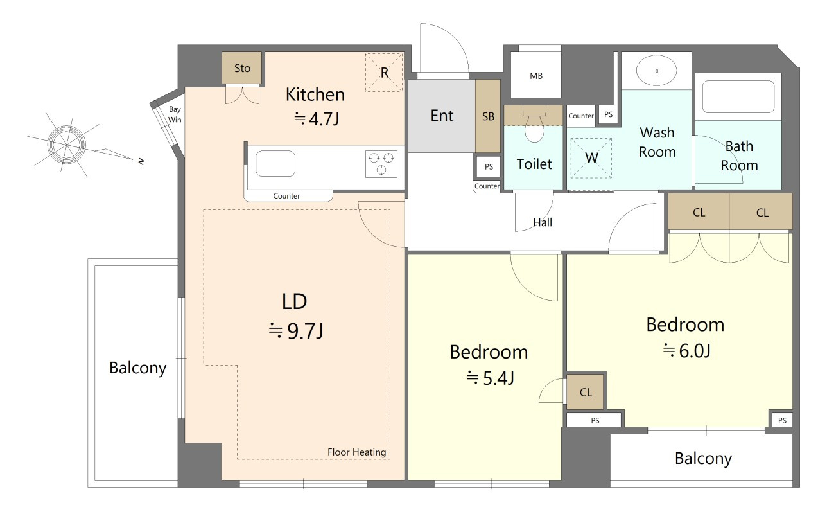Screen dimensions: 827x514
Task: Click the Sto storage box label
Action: point(242,68)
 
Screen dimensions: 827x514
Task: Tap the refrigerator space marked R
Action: point(384,73)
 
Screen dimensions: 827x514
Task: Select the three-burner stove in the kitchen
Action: point(381,164)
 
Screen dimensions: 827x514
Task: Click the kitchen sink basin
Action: point(275,163)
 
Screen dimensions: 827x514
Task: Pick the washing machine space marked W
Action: point(591,158)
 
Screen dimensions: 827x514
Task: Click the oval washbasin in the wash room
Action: point(656,70)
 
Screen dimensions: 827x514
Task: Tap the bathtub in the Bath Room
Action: point(738,97)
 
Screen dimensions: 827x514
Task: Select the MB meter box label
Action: point(536,76)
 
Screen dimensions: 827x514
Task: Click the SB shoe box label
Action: point(488,117)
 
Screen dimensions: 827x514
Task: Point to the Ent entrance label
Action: point(442,116)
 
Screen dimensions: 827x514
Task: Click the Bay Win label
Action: point(175,114)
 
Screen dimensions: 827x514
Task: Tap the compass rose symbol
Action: point(67,145)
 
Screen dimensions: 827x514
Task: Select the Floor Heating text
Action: point(356,452)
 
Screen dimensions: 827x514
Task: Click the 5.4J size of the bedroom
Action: point(498,378)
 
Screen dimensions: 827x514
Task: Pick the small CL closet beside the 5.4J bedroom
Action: point(585,392)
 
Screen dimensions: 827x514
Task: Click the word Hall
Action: point(543,222)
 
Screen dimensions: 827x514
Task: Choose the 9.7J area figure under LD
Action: point(305,331)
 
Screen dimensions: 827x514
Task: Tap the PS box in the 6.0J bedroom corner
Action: point(782,420)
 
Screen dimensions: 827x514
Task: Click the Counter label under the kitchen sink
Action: point(286,196)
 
